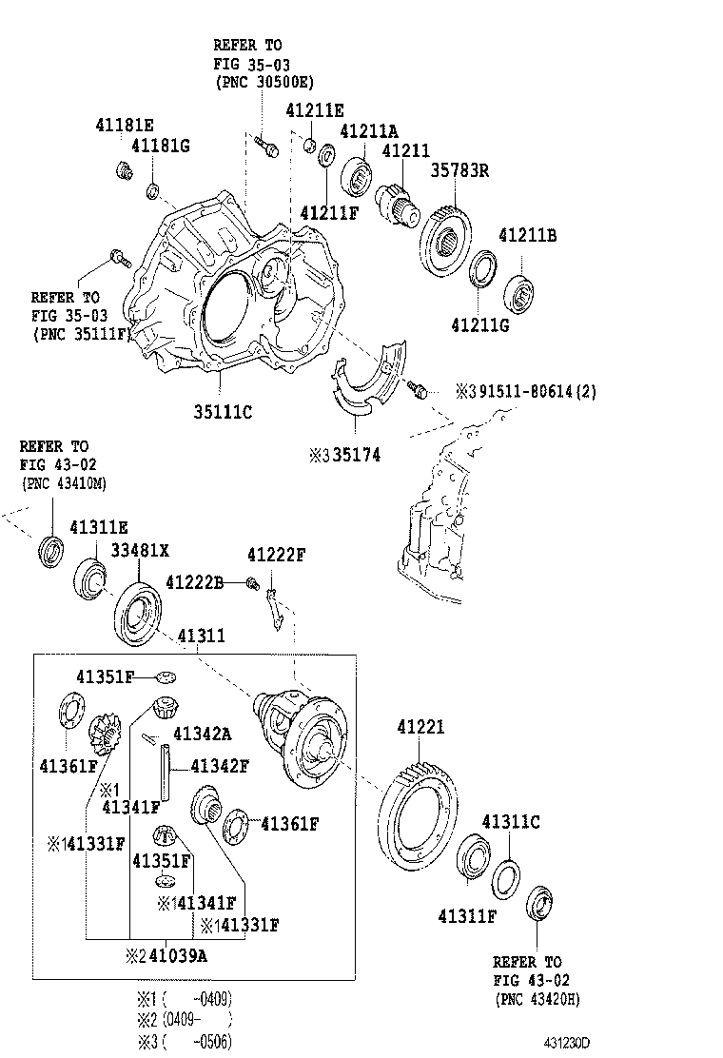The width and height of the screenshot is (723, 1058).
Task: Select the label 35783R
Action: [x=460, y=171]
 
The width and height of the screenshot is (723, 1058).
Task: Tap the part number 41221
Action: [x=420, y=728]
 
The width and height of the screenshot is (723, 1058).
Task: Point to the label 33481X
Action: [x=139, y=550]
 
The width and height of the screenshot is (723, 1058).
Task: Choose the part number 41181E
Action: [x=124, y=125]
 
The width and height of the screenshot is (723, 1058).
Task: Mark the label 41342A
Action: [x=202, y=735]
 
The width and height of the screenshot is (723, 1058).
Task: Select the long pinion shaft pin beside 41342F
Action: [x=166, y=772]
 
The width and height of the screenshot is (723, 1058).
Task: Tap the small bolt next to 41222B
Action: [x=253, y=583]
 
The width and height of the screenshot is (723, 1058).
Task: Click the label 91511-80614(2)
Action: [x=537, y=390]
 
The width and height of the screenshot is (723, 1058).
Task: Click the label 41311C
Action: [x=511, y=822]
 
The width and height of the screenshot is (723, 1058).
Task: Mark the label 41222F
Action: [x=276, y=555]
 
